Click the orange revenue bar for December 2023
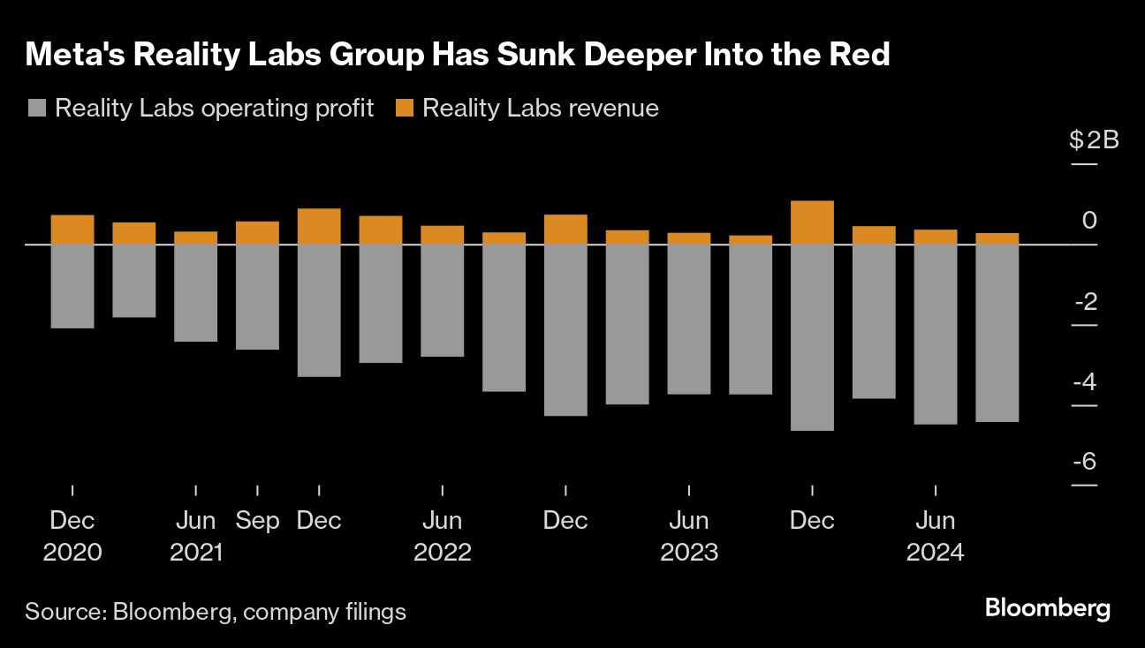[812, 222]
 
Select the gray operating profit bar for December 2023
[812, 336]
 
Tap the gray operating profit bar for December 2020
[72, 286]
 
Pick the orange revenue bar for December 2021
[319, 226]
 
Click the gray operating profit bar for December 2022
[565, 329]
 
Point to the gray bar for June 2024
[936, 334]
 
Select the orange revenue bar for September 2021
[257, 232]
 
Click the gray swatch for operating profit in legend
[37, 109]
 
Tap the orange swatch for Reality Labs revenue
[405, 109]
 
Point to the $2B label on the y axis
[1094, 140]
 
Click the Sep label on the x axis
[257, 521]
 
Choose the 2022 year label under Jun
[443, 553]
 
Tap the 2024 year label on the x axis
[936, 553]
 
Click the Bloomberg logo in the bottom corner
[1047, 608]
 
